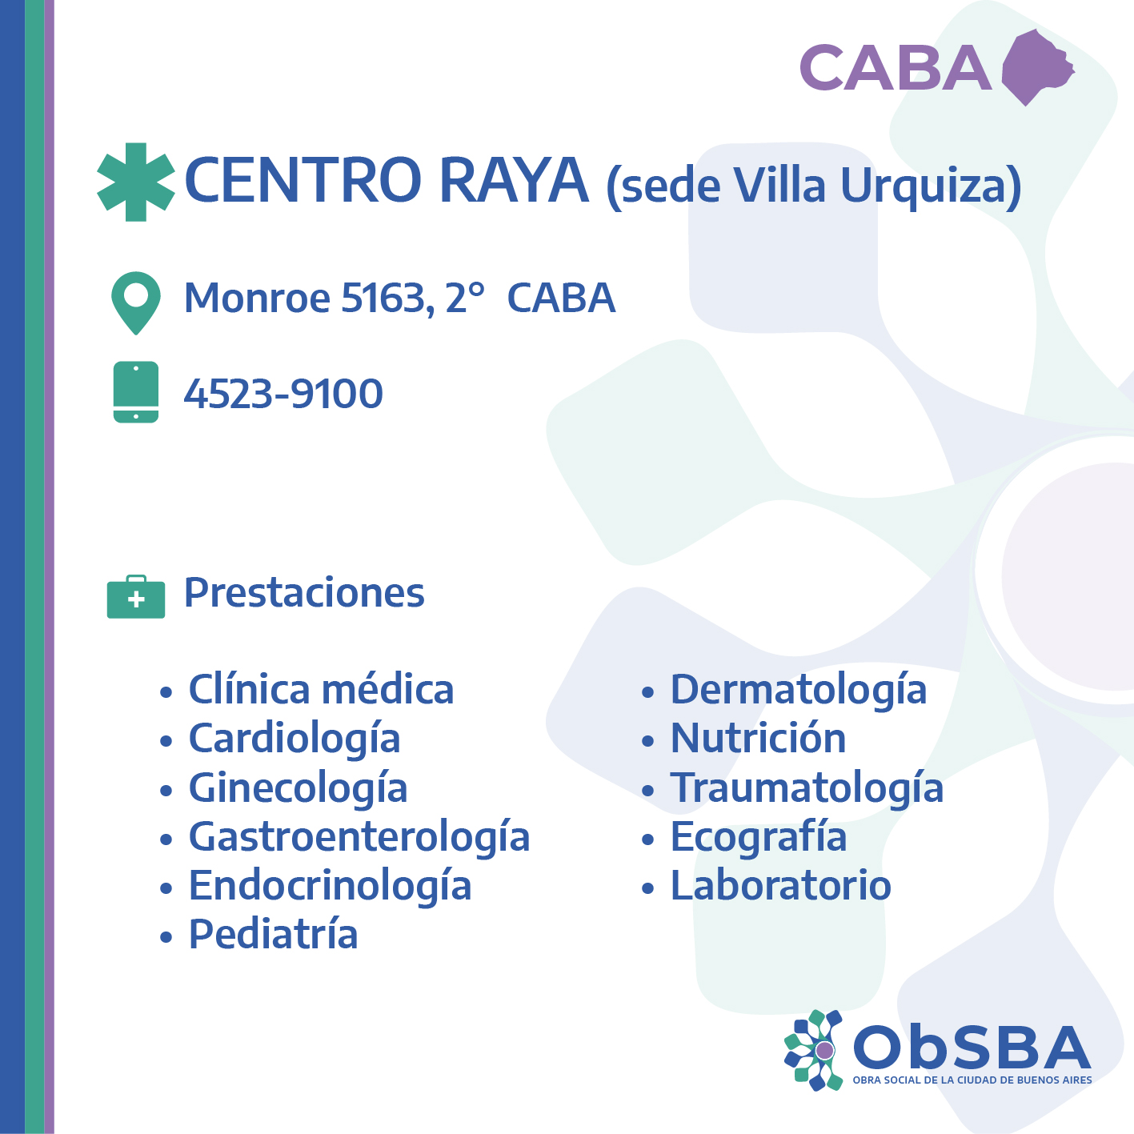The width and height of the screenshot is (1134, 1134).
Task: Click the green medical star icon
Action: point(136,182)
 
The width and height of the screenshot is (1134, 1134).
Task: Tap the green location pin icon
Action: point(136,303)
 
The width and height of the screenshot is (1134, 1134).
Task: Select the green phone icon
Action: point(136,392)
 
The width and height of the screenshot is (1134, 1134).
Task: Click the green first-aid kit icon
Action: point(136,597)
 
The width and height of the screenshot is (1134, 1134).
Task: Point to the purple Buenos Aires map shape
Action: point(1038,67)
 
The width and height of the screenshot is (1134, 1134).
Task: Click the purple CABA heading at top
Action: point(896,68)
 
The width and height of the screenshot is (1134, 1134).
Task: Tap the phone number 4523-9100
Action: point(283,394)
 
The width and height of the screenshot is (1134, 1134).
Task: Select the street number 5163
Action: point(383,299)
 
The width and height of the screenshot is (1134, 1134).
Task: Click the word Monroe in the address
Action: point(257,298)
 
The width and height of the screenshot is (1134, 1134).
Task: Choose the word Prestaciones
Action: point(304,592)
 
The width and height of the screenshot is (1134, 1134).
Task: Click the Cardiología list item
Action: point(295,739)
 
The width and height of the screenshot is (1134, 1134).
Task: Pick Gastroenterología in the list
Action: point(359,837)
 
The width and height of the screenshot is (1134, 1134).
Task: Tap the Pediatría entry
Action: point(273,934)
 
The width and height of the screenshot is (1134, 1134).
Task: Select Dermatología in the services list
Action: point(799,691)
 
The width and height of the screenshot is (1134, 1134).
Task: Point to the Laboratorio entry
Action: point(781,885)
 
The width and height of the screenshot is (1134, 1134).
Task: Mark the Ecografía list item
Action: point(759,837)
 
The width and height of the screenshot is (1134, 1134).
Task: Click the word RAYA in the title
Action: point(514,179)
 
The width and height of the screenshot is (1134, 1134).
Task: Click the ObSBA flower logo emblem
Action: point(815,1050)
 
